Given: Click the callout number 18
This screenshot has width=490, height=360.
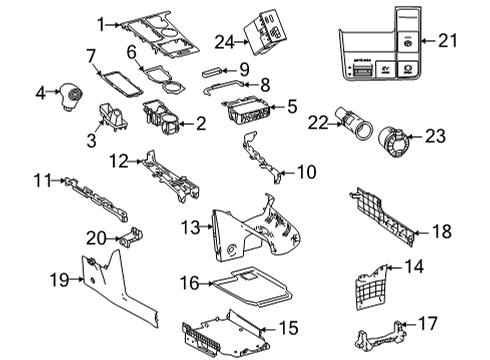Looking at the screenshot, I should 440,231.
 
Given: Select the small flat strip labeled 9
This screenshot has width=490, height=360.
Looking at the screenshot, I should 210,71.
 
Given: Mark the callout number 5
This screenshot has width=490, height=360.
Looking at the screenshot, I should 291,104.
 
